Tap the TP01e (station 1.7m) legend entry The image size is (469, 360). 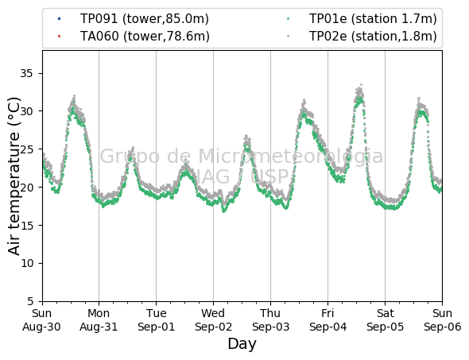[362, 19]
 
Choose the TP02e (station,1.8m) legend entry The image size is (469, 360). [362, 37]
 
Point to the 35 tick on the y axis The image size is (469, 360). [26, 73]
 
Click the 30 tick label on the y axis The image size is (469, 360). [26, 111]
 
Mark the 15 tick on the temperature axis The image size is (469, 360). [26, 225]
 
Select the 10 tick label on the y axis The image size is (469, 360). [26, 263]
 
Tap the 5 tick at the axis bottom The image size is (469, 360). [30, 301]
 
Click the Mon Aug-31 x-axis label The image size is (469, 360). [99, 320]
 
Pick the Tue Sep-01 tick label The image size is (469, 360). [156, 320]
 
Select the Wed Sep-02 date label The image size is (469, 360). [213, 320]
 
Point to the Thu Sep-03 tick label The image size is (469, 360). [270, 320]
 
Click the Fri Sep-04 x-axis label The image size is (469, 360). [328, 320]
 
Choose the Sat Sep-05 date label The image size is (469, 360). [385, 320]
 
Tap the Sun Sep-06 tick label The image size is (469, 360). [443, 320]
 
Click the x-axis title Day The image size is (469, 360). [242, 344]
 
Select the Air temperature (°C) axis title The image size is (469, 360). [14, 176]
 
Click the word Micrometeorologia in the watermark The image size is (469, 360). [290, 156]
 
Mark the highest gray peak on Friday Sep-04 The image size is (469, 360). [362, 84]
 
